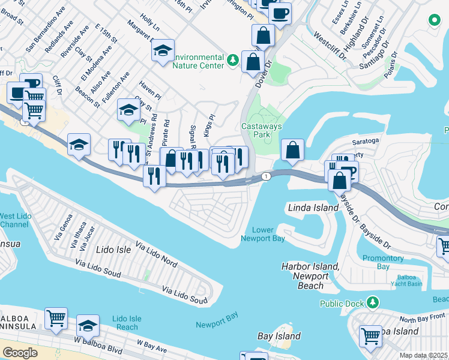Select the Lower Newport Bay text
click(x=262, y=234)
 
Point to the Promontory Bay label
click(x=383, y=262)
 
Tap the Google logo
click(x=20, y=353)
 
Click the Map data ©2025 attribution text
click(x=423, y=356)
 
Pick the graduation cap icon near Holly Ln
click(x=162, y=52)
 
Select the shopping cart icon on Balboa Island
click(x=370, y=336)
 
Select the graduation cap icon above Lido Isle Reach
click(x=88, y=326)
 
